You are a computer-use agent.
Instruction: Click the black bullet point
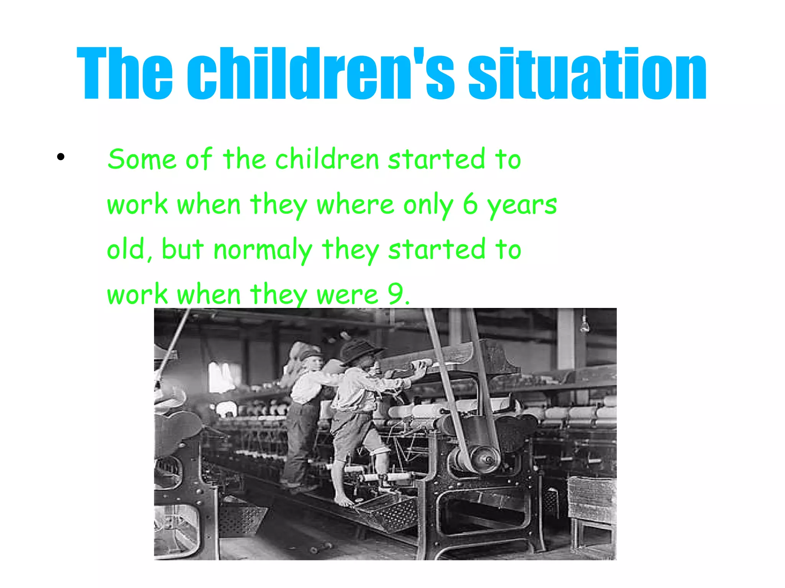pos(61,157)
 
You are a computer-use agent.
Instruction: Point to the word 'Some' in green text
pos(142,159)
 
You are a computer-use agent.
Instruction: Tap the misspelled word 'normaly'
pos(263,250)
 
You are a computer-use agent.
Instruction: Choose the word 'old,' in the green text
pos(130,249)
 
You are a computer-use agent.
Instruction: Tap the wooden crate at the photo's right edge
pos(592,498)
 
